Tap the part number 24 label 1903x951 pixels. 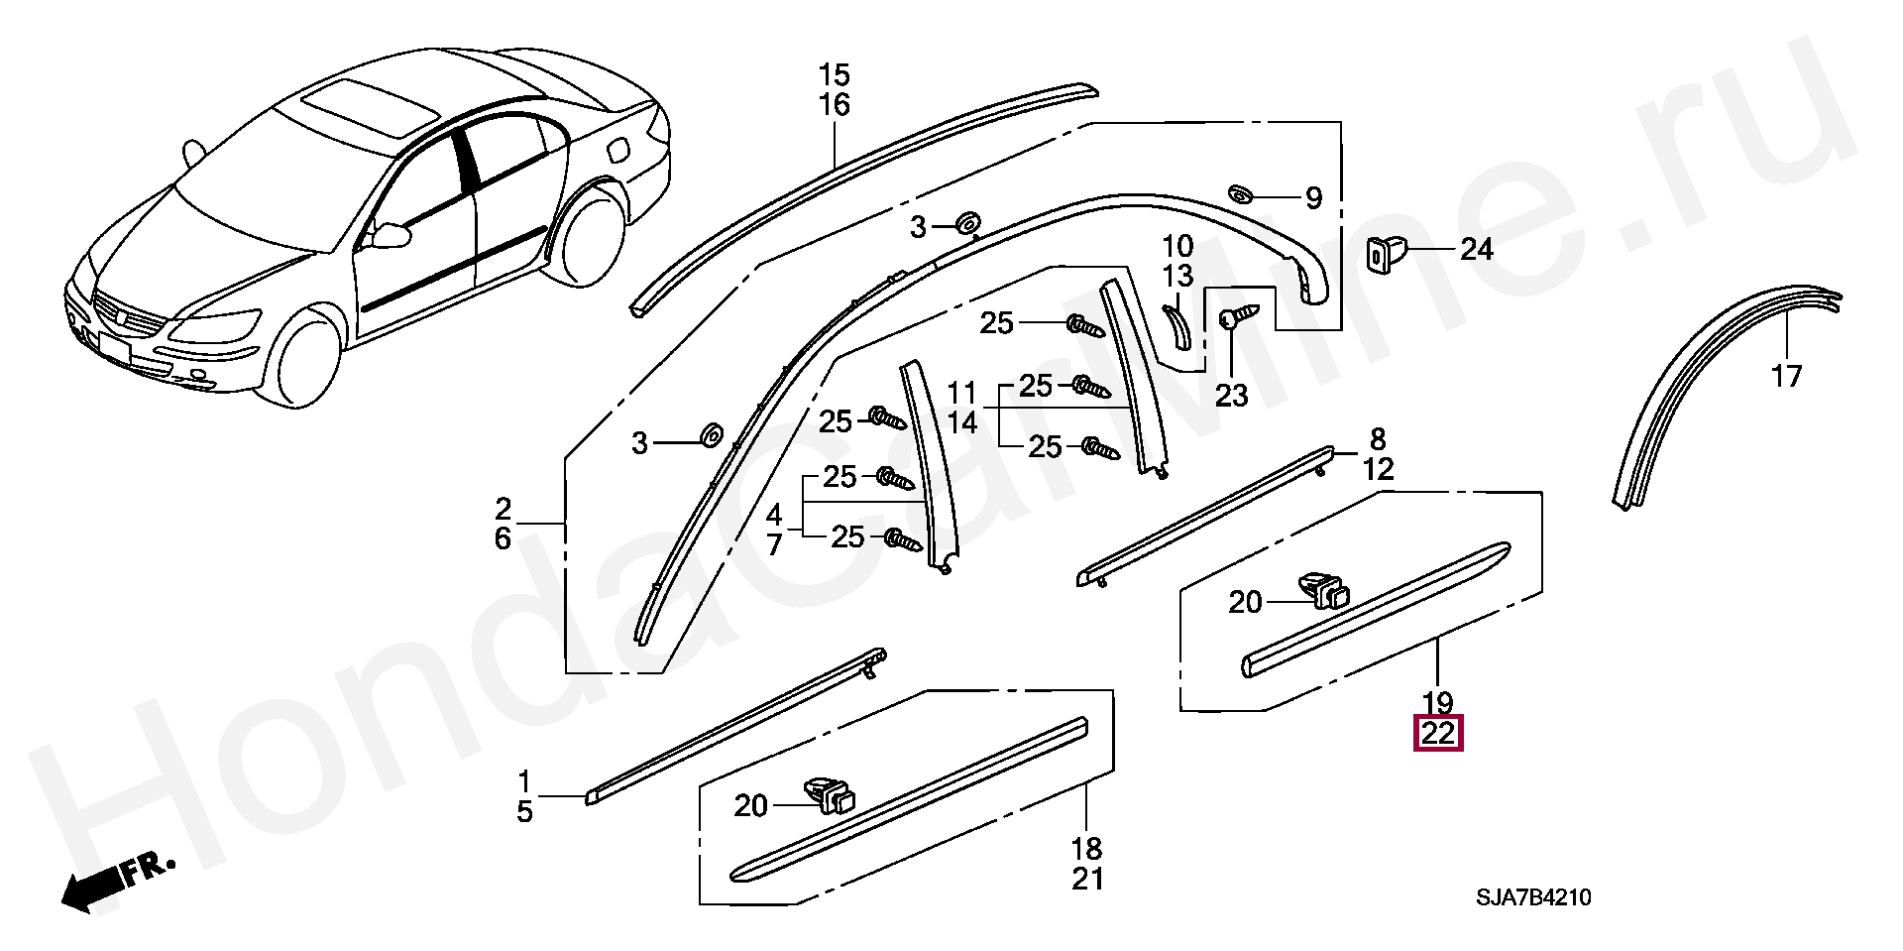[1476, 249]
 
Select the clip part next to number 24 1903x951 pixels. [1384, 252]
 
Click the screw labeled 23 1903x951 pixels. [1234, 317]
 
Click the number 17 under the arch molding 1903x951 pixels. [1786, 377]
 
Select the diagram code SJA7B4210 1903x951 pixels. [1533, 898]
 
